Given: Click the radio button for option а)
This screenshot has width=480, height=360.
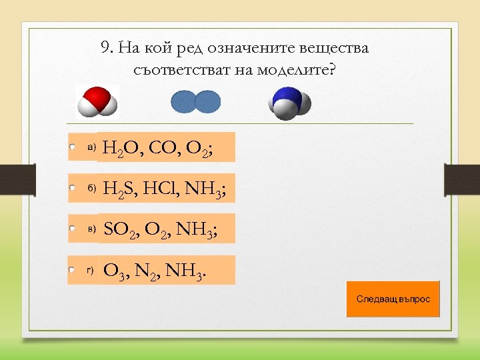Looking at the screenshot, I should [73, 146].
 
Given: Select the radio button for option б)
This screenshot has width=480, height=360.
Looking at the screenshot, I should [73, 188].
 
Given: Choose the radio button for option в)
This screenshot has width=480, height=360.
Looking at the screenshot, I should [73, 228].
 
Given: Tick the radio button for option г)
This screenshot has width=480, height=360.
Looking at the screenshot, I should [73, 271].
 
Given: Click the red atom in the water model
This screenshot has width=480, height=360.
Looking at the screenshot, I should [97, 96].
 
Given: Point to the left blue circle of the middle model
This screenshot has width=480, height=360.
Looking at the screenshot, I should [185, 102].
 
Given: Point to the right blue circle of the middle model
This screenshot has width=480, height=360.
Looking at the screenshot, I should [207, 102].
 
